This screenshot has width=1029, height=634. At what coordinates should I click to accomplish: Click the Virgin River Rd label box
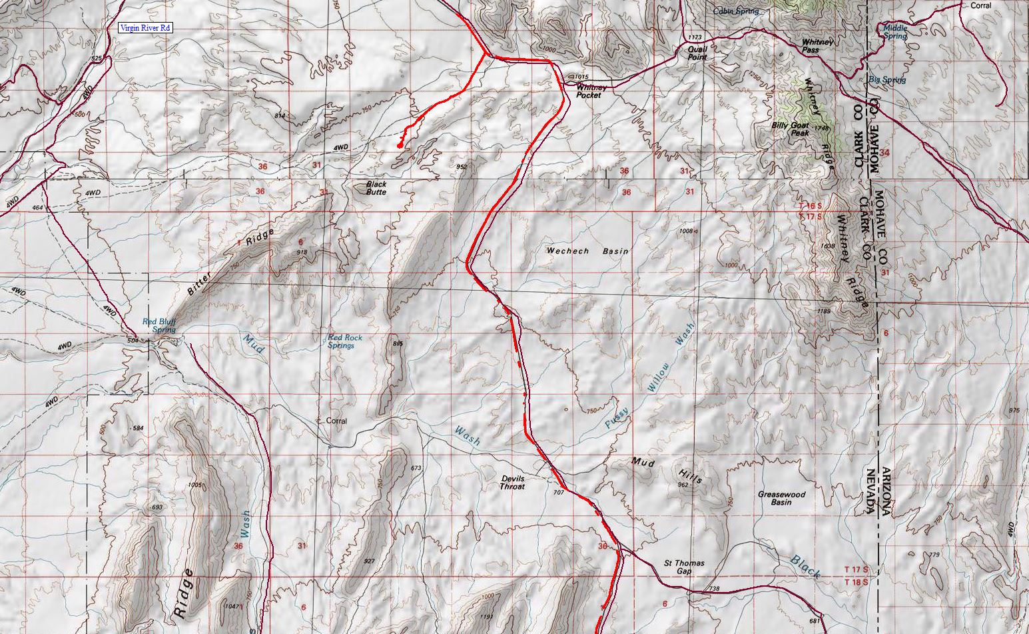tap(145, 28)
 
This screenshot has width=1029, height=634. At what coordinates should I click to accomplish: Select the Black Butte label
tap(376, 188)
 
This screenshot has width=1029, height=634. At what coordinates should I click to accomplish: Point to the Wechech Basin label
tap(587, 251)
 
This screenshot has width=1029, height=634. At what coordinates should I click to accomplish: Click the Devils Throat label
tap(512, 483)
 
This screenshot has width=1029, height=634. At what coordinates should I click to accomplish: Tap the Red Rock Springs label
tap(345, 341)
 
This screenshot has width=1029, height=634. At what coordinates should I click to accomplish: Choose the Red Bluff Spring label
tap(159, 325)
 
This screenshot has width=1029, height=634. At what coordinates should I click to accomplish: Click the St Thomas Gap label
tap(684, 567)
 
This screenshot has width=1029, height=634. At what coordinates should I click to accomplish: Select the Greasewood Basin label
tap(781, 498)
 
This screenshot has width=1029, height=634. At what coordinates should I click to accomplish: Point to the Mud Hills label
tap(666, 468)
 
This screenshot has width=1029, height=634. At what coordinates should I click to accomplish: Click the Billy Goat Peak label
tap(790, 129)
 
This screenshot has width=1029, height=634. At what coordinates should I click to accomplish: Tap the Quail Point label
tap(697, 53)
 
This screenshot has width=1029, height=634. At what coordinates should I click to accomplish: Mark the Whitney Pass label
tap(818, 45)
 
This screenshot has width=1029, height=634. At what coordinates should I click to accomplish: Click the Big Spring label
tap(887, 80)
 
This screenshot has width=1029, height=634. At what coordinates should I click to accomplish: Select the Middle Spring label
tap(894, 32)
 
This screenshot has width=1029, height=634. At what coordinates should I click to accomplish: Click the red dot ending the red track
tap(400, 145)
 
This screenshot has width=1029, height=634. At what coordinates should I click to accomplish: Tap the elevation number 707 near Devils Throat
tap(558, 493)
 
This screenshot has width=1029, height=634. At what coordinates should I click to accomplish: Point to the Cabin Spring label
tap(736, 11)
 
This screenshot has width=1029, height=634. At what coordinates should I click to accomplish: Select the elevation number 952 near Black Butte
tap(462, 166)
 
